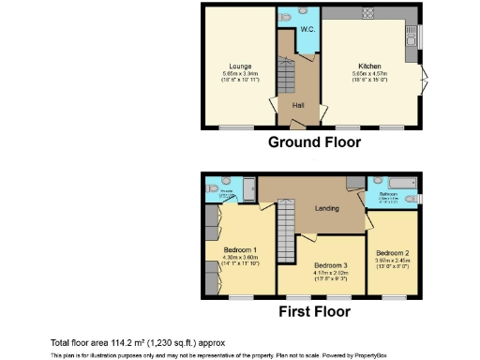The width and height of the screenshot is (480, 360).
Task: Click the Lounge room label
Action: point(238,67)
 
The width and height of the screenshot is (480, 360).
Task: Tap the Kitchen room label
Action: point(367,67)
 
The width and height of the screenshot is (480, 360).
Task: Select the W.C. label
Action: point(307,29)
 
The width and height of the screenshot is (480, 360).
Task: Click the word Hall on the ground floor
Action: point(297,105)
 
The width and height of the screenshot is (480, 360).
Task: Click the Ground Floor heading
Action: point(314,142)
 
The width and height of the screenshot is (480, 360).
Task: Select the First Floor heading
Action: point(313,311)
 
